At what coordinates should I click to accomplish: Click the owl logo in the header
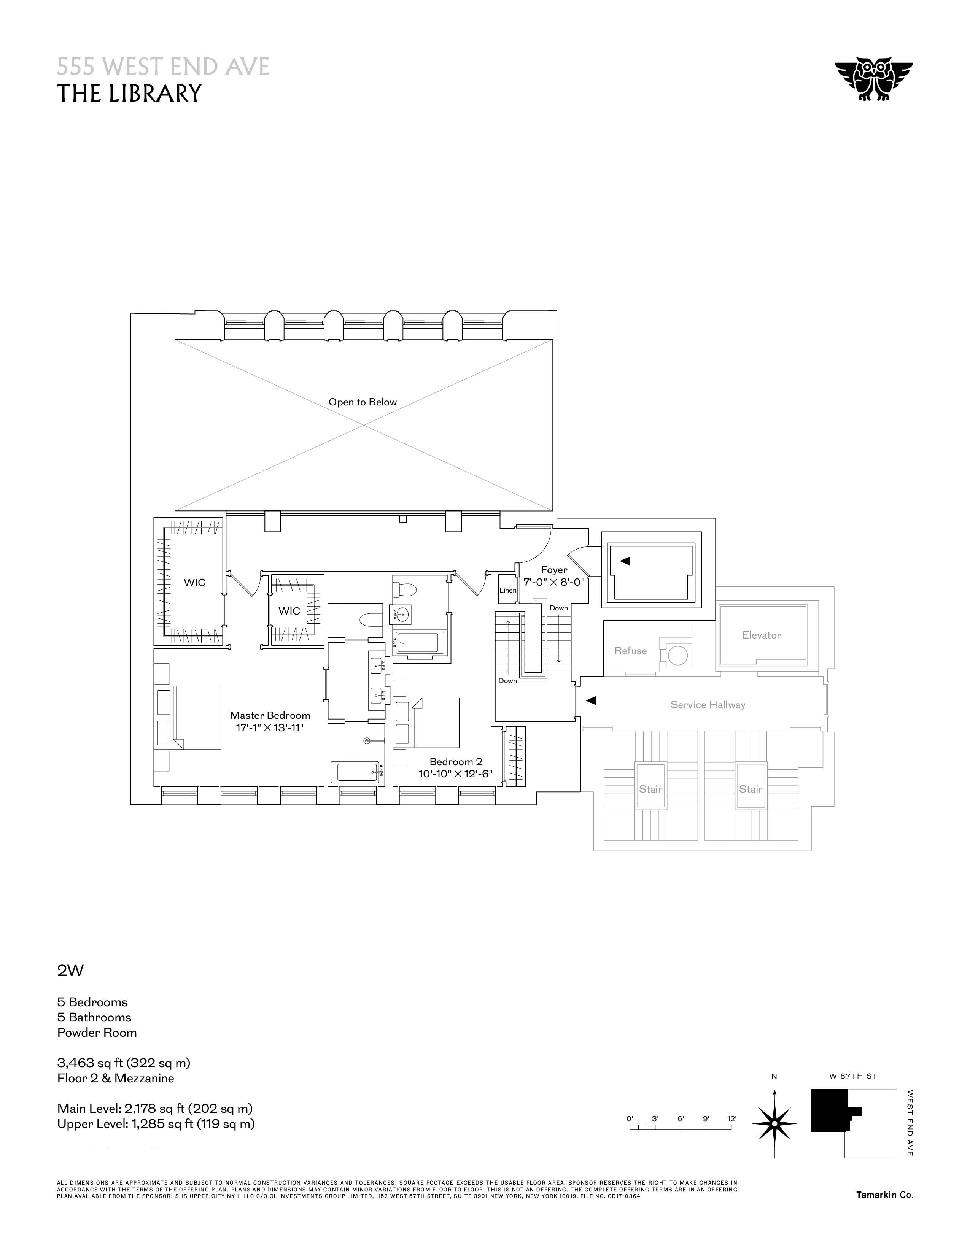point(873,79)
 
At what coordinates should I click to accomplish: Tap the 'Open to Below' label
point(363,402)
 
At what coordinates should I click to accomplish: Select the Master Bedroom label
point(270,715)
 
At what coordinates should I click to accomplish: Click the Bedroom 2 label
point(456,762)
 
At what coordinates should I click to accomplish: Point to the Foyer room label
point(554,570)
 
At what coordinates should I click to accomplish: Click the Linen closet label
point(507,590)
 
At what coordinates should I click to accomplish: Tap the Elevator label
point(762,635)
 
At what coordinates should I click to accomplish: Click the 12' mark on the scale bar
point(731,1119)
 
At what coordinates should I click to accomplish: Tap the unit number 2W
point(70,971)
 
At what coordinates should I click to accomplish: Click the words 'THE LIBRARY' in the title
point(129,93)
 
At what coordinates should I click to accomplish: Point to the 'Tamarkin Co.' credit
point(884,1195)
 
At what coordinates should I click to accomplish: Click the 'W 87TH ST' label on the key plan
point(853,1076)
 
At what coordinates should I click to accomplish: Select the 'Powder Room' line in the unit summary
point(97,1032)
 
